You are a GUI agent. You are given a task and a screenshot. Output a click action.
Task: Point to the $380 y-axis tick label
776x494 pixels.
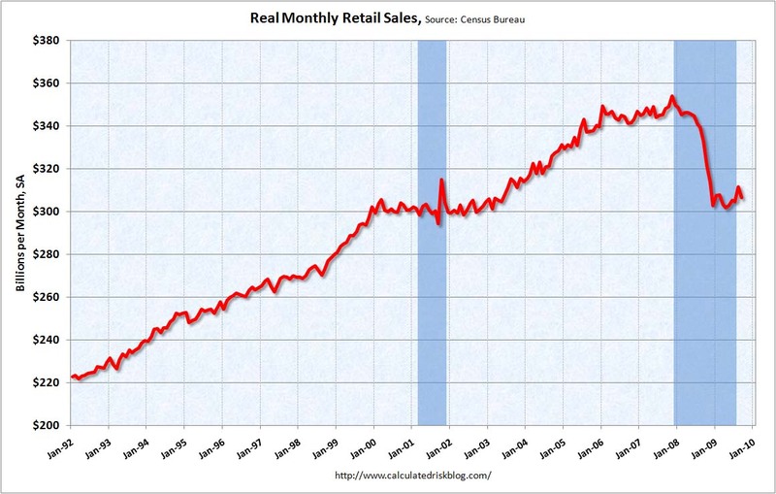[47, 41]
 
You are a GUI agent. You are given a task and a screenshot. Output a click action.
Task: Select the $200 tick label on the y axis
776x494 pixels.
[47, 425]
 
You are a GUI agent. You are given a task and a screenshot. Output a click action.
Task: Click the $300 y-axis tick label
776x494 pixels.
[47, 212]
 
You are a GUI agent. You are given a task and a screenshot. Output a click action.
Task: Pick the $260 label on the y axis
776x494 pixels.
[47, 297]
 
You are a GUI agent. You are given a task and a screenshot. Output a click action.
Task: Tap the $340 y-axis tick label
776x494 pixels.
[47, 126]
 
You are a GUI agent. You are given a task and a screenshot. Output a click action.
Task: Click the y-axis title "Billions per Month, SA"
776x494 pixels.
[16, 233]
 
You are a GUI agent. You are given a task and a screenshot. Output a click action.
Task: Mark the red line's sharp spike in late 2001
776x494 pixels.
[441, 180]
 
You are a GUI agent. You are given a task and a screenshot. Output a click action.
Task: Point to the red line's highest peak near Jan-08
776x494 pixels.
[672, 96]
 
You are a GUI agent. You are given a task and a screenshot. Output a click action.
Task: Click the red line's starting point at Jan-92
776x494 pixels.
[72, 377]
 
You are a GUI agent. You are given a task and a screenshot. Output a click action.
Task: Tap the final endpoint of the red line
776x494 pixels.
[743, 199]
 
